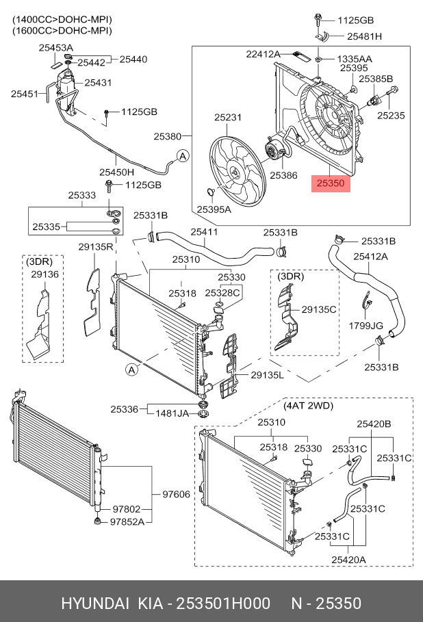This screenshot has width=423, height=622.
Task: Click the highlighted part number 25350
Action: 331,183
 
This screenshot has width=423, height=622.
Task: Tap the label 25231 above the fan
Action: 228,118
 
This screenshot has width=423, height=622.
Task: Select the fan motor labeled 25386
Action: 274,151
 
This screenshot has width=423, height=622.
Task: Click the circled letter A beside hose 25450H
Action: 183,156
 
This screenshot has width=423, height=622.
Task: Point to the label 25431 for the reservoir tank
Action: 98,83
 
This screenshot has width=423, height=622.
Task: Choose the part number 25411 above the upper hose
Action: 204,232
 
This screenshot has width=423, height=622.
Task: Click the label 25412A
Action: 370,257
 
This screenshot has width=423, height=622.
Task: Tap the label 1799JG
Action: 366,326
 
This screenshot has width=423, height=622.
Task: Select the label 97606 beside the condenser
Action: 176,494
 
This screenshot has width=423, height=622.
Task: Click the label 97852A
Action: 127,522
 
